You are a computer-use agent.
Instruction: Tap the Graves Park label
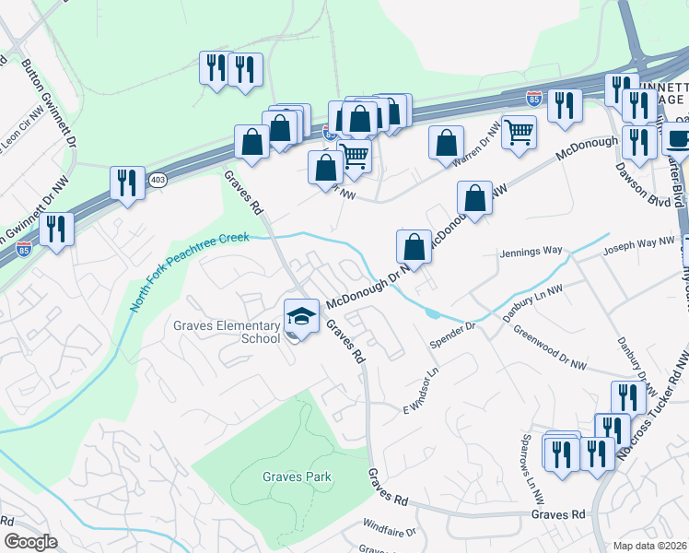pos(296,477)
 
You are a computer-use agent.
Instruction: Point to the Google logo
pos(30,541)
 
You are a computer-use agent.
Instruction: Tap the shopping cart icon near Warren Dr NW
pos(520,132)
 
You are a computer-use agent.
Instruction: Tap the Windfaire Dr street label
pos(390,531)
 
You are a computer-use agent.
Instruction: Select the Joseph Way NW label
pos(638,245)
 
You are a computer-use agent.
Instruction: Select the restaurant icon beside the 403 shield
pos(127,182)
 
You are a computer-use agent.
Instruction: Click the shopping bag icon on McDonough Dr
pos(414,247)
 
